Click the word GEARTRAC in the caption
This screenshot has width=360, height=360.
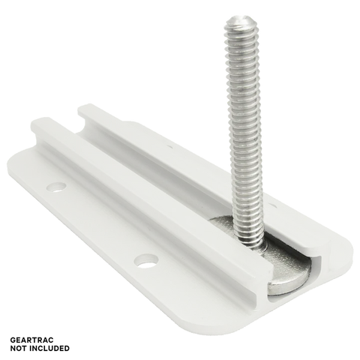click(x=31, y=340)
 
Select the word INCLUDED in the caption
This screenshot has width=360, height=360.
click(x=49, y=348)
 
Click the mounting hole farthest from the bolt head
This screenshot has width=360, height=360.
click(x=57, y=187)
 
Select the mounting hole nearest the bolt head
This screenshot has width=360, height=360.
click(x=146, y=260)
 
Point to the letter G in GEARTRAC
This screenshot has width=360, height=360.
click(x=13, y=340)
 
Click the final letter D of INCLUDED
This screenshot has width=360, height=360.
click(x=67, y=348)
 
